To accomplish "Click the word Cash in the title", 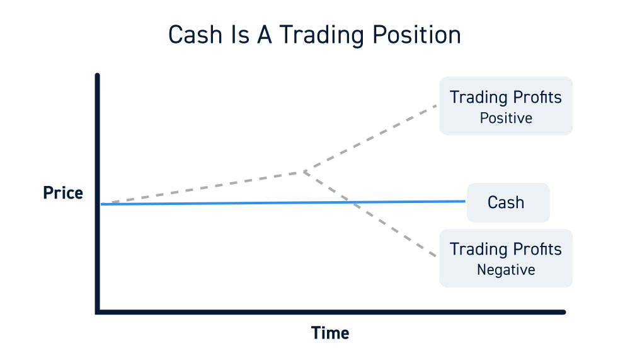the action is tap(195, 35).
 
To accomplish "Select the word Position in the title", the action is tap(416, 35).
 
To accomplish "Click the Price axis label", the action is tap(63, 193).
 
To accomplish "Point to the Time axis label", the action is tap(330, 333).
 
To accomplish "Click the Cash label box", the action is tap(508, 203).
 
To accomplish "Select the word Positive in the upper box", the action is tap(506, 118).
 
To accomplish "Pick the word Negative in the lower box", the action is tap(506, 270).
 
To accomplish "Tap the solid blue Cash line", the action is tap(283, 203).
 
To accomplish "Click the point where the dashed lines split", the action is tap(304, 171).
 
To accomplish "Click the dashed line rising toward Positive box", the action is tap(370, 138).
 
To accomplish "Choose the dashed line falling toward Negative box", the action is tap(370, 214).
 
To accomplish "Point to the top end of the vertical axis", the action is tap(97, 75).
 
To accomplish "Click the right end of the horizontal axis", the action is tap(564, 312).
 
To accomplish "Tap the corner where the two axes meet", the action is tap(98, 312).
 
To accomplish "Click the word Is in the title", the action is tap(240, 35).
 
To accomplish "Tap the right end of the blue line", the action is tap(465, 201).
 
